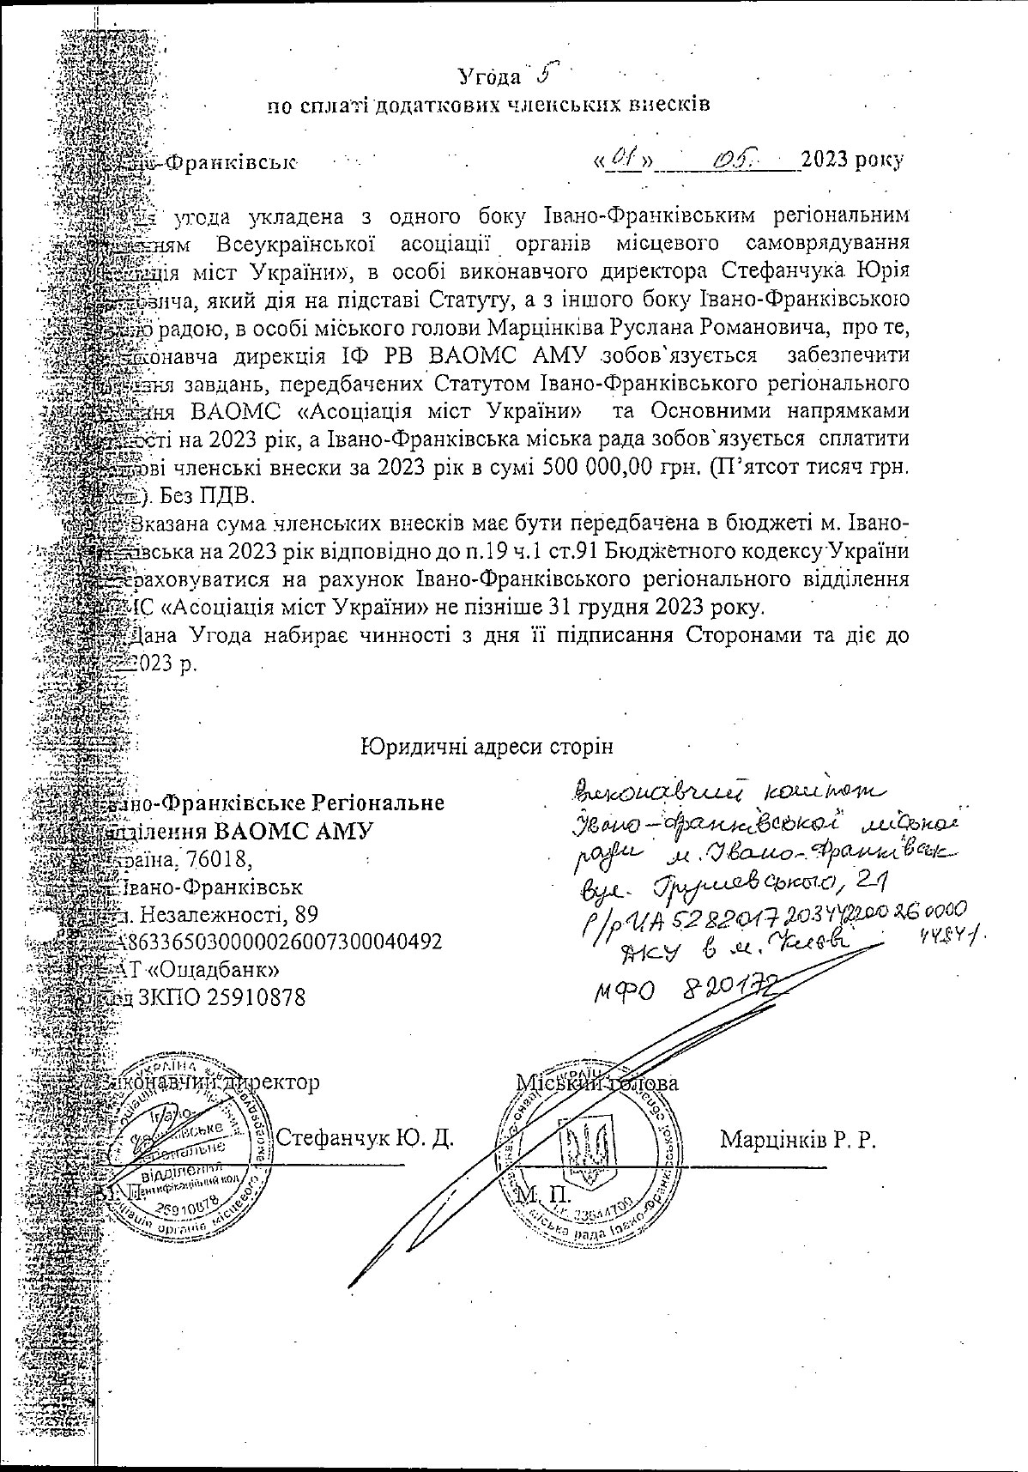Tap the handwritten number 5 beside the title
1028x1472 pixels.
click(542, 74)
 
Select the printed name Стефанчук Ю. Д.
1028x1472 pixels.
click(366, 1139)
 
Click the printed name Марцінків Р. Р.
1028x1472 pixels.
click(797, 1140)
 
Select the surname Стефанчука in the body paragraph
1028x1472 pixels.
click(781, 272)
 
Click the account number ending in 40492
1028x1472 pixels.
click(283, 942)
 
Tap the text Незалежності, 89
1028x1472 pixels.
click(229, 913)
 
